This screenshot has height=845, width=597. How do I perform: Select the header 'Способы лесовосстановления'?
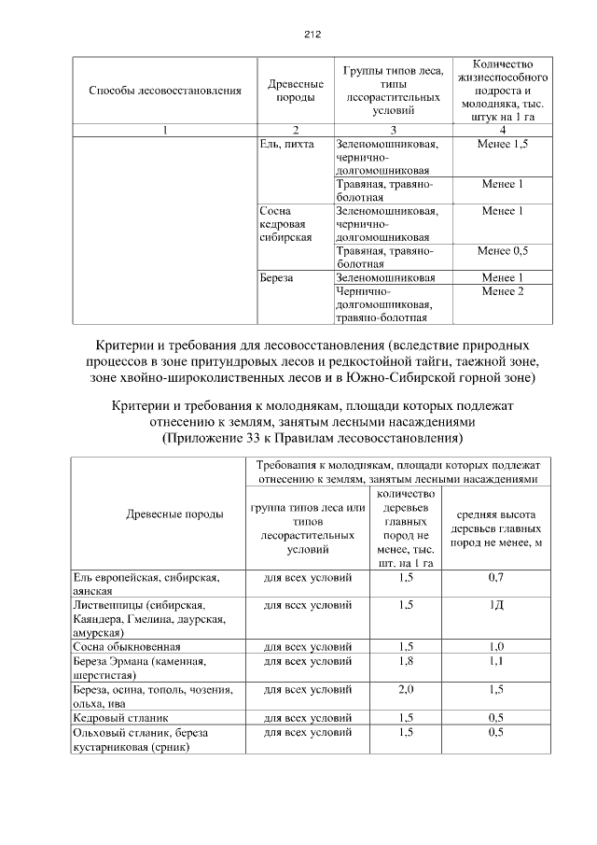tap(165, 91)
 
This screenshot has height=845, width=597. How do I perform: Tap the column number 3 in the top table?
tap(392, 130)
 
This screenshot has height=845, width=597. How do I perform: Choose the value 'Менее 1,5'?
tap(502, 145)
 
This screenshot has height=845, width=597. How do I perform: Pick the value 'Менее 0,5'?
tap(502, 251)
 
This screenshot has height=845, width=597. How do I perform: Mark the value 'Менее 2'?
tap(502, 291)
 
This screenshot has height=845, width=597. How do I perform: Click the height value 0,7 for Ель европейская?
tap(496, 578)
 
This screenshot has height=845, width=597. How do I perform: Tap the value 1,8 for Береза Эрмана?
tap(406, 661)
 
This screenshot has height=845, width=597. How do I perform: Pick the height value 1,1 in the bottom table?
tap(496, 661)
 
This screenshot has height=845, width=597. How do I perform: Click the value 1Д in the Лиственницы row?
tap(496, 605)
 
